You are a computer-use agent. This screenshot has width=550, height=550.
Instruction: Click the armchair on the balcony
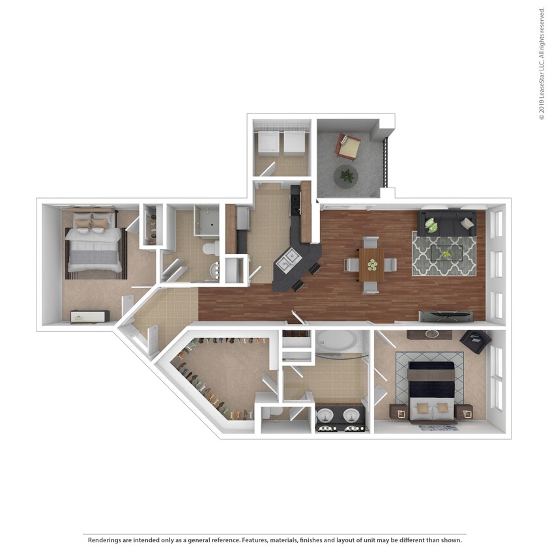[x=347, y=146]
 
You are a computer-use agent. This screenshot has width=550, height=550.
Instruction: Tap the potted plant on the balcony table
[x=347, y=175]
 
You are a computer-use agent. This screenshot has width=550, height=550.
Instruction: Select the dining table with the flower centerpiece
[x=371, y=265]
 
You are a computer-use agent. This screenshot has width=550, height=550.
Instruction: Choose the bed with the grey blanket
[x=94, y=246]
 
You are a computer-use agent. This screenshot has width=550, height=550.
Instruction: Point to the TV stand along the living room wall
[x=446, y=316]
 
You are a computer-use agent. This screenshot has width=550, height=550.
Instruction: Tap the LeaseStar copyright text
[x=541, y=64]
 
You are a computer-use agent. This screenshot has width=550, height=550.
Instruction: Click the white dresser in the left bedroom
[x=89, y=316]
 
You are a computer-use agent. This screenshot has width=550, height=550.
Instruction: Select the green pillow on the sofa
[x=431, y=224]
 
